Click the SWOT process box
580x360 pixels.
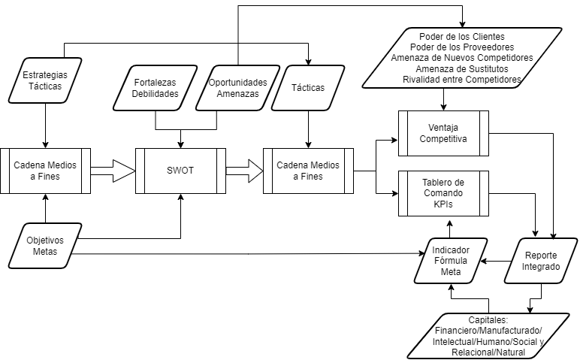(x=180, y=170)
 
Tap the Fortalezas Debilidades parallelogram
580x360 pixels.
(x=156, y=88)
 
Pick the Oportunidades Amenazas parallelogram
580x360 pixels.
(x=237, y=88)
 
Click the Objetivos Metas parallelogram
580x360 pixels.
(x=47, y=246)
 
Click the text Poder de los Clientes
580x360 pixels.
(x=462, y=37)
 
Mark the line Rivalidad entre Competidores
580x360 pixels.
(x=462, y=79)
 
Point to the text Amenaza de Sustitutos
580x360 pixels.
(x=462, y=68)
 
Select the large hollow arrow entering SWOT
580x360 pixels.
(x=113, y=170)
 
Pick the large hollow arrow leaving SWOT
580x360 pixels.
(x=243, y=170)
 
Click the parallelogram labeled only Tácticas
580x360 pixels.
(x=307, y=88)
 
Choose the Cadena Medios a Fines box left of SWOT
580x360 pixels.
(x=47, y=170)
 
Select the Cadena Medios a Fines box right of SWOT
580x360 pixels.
(x=307, y=171)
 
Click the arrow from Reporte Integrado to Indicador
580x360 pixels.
(x=493, y=261)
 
